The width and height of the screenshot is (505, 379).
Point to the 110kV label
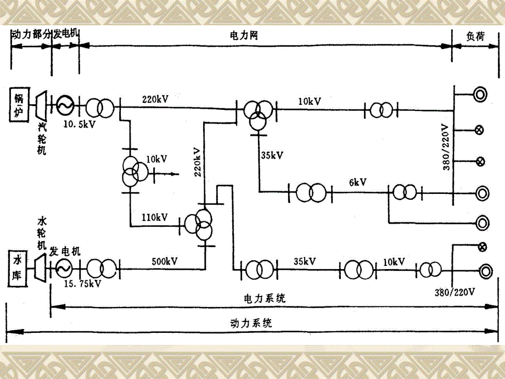coord(154,218)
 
